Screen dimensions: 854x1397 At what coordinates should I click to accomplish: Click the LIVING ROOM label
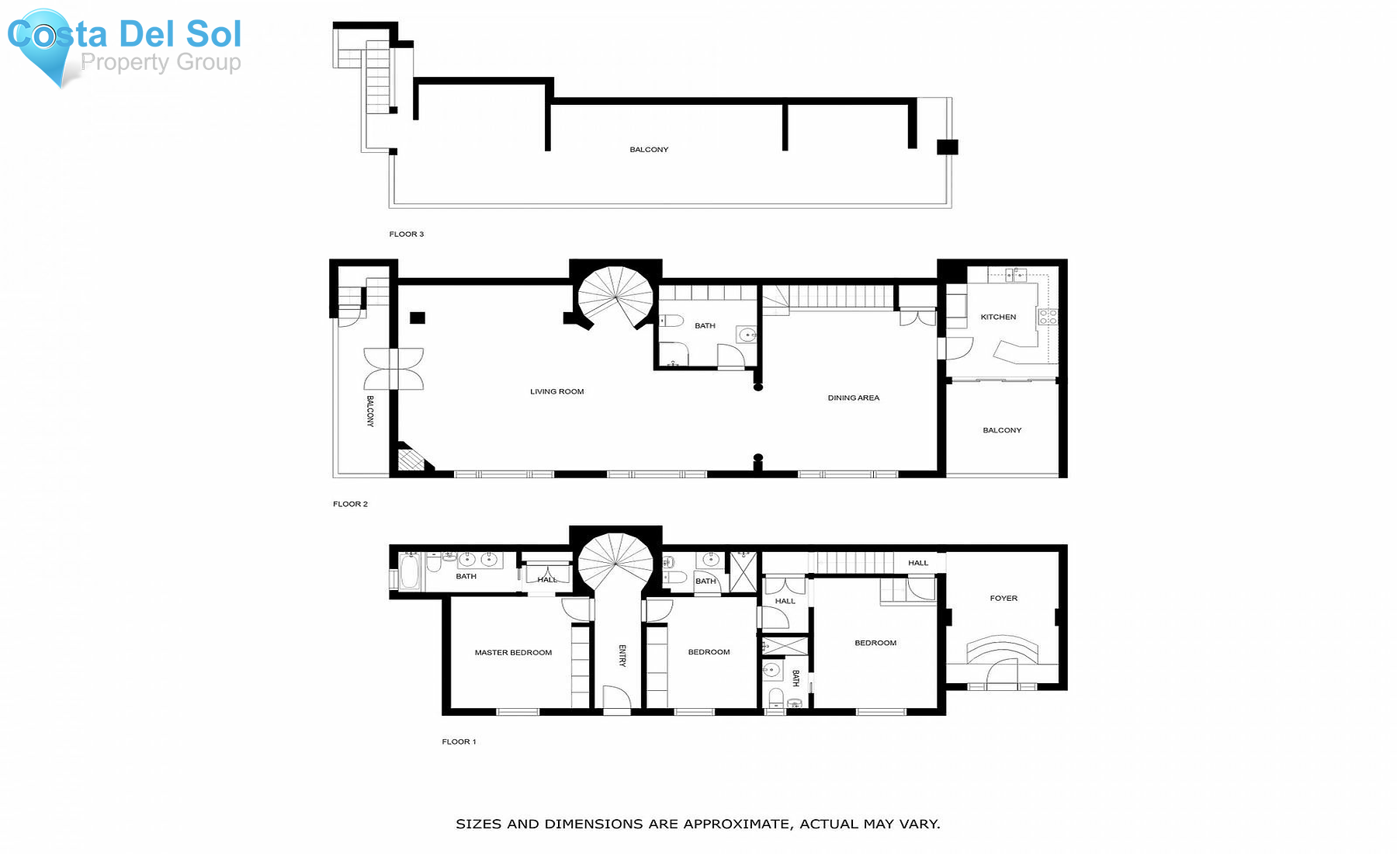coord(556,391)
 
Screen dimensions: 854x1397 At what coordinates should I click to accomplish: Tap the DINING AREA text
coord(853,397)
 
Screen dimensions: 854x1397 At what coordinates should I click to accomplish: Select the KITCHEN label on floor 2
coord(998,317)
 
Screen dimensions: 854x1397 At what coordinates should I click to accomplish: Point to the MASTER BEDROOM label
coord(513,652)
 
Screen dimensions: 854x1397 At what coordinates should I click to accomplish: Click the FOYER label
coord(1004,598)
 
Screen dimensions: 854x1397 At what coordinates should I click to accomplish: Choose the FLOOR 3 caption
coord(406,234)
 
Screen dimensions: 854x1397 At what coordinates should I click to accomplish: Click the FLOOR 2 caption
coord(350,504)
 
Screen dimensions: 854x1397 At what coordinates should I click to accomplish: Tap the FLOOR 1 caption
coord(459,741)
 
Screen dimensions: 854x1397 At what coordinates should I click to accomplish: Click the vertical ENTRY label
coord(622,655)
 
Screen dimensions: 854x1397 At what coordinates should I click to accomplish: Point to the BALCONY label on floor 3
coord(649,149)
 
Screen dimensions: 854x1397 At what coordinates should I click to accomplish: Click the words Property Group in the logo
coord(161,62)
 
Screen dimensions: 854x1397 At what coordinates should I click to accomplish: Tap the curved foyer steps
coord(1002,649)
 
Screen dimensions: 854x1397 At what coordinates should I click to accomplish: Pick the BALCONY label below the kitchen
coord(1002,430)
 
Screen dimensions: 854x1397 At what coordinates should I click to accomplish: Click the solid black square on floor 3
coord(947,147)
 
